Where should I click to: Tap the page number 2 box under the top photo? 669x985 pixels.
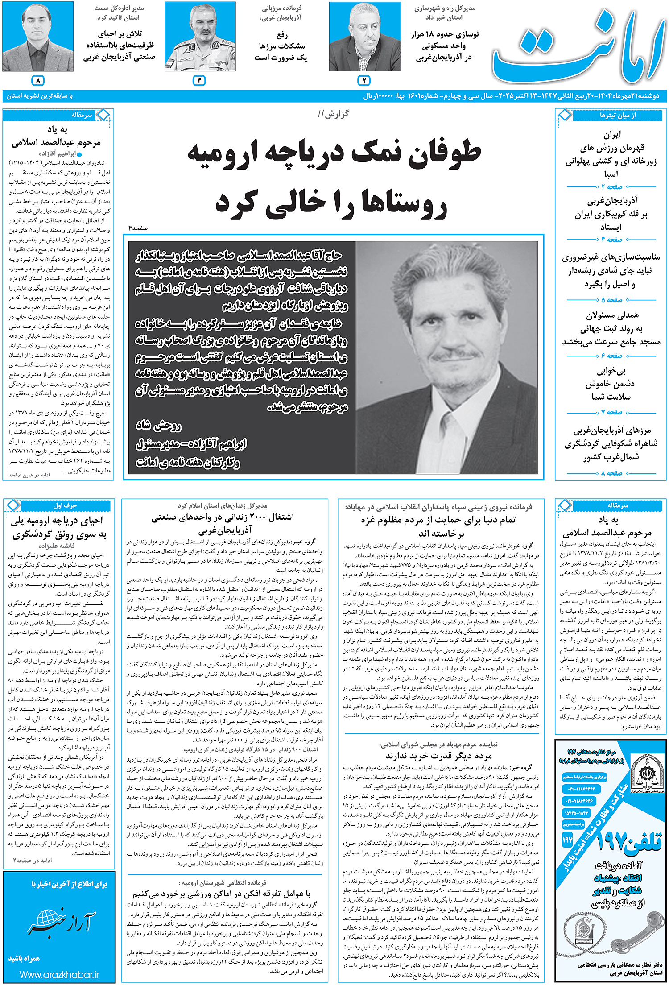[364, 81]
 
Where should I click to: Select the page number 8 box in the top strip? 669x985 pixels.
[38, 81]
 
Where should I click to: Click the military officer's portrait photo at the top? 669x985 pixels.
[200, 37]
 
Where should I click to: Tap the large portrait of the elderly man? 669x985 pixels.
[446, 357]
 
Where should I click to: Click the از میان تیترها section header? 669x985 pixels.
[617, 116]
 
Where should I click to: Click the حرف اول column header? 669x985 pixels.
[65, 505]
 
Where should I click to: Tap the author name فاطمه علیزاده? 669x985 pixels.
[57, 546]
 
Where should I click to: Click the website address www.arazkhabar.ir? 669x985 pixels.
[59, 975]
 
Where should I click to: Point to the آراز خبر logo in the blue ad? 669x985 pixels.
[60, 923]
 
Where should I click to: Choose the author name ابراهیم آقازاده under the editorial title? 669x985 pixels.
[57, 153]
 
